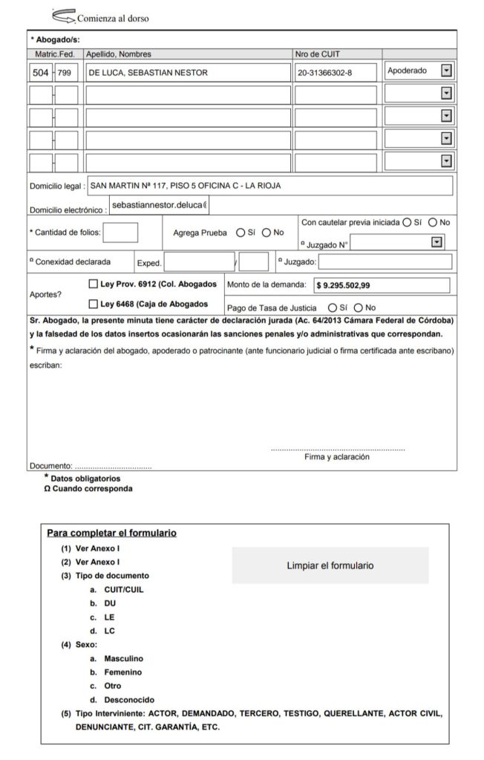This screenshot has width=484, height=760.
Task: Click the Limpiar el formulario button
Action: (x=330, y=565)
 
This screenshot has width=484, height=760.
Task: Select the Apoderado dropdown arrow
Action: (x=446, y=71)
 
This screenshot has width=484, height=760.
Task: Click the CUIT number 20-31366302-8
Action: (x=335, y=73)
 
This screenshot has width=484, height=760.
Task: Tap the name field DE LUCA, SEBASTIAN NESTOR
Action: (x=187, y=73)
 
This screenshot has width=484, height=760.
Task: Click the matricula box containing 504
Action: (x=40, y=73)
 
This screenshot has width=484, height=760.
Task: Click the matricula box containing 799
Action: (x=66, y=73)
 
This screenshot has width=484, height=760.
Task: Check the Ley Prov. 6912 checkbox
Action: (x=93, y=284)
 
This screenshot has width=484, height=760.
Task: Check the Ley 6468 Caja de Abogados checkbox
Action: (x=93, y=304)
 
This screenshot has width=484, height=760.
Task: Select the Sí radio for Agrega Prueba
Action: (x=241, y=233)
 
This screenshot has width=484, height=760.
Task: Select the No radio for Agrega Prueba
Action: (x=266, y=233)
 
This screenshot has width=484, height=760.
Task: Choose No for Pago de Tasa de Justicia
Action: (x=359, y=308)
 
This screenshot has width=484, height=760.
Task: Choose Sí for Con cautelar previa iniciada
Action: (x=406, y=222)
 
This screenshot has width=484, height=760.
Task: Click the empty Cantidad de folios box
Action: (x=120, y=233)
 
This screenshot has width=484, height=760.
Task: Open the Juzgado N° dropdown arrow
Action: (x=437, y=242)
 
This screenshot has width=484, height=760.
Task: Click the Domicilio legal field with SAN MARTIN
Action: (x=269, y=186)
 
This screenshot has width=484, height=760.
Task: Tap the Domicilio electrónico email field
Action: (x=159, y=204)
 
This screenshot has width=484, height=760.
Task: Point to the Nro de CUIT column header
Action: (x=318, y=54)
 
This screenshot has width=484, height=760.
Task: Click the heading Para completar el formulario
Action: (x=111, y=533)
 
